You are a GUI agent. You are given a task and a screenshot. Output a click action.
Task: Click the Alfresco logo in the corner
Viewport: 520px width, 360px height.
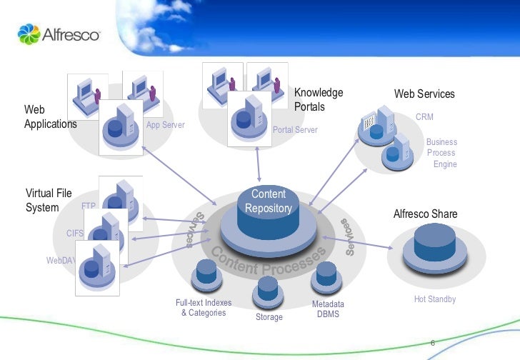[x=59, y=33]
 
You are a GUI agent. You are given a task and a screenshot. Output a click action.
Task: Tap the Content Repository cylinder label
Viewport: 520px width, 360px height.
[x=269, y=201]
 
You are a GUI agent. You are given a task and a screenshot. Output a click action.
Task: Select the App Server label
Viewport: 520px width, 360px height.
[x=165, y=125]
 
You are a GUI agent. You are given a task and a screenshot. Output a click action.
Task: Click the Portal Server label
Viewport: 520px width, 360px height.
[x=295, y=131]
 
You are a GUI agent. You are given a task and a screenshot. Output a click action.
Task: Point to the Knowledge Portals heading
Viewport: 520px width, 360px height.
[x=319, y=100]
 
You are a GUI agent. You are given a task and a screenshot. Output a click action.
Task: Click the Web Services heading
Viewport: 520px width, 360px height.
[x=424, y=94]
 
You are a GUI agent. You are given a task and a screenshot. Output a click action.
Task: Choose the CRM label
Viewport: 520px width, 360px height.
[x=424, y=116]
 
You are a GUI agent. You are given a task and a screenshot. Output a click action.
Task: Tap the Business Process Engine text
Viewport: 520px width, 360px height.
[x=441, y=153]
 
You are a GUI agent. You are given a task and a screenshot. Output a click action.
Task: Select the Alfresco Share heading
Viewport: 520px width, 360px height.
[x=425, y=214]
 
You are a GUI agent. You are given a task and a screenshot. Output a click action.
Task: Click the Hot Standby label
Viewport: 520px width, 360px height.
[x=434, y=299]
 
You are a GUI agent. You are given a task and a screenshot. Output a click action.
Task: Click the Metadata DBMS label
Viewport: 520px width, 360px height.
[x=328, y=309]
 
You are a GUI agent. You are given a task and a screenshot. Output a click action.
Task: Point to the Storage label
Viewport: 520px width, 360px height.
[x=269, y=317]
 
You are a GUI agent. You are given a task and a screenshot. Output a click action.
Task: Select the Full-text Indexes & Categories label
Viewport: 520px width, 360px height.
[x=204, y=308]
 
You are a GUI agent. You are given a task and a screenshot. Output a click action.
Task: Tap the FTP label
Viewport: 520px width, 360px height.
[x=89, y=206]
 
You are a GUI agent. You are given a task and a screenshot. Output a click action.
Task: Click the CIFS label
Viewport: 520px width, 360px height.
[x=75, y=233]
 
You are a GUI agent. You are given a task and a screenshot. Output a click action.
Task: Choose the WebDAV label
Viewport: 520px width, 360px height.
[x=61, y=261]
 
